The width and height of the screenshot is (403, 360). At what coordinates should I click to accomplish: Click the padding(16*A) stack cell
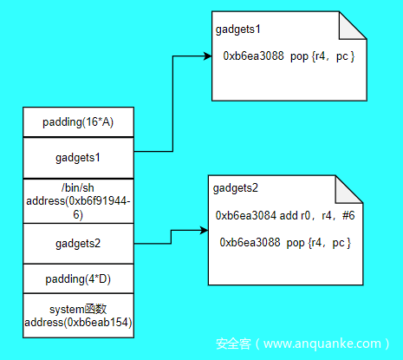78,122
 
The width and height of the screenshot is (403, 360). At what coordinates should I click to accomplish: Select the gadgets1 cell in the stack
78,158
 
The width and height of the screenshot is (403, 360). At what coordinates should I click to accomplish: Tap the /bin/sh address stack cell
78,201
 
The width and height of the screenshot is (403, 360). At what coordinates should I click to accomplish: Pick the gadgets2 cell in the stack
78,244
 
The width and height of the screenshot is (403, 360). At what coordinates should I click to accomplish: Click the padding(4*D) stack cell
78,278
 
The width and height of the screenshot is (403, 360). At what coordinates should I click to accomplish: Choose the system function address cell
78,316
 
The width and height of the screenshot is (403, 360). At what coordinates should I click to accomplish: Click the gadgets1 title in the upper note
238,29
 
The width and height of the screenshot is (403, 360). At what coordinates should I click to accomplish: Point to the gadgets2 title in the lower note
236,188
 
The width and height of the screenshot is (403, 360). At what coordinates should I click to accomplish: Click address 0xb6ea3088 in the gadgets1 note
253,56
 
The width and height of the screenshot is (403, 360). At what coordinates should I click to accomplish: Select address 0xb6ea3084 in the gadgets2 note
246,215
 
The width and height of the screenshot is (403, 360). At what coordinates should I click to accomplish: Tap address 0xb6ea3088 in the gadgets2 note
250,242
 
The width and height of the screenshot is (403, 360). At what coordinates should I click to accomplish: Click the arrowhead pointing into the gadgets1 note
208,56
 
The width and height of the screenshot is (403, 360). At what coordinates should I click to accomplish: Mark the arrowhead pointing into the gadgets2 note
204,231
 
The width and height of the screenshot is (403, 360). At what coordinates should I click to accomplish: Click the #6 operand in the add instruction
348,215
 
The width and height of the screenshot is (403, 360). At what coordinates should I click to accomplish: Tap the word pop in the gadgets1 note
299,56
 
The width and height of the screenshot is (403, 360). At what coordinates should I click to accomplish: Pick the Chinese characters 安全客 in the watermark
233,344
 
